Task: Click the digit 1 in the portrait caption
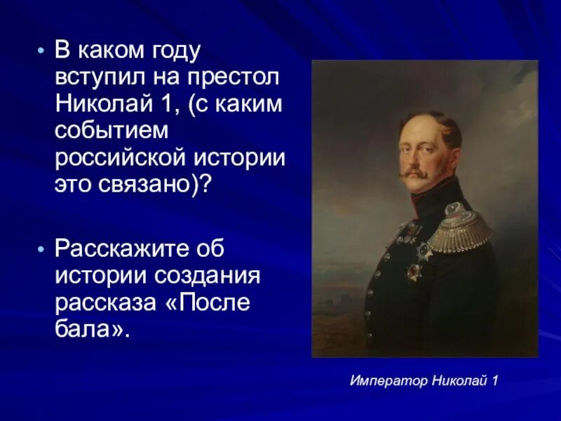click(494, 381)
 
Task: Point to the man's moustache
click(416, 172)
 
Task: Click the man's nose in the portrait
click(412, 156)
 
